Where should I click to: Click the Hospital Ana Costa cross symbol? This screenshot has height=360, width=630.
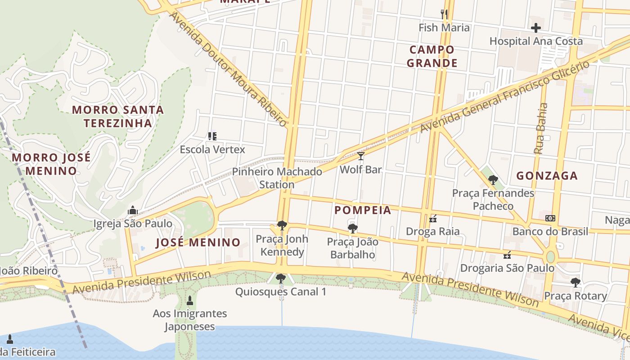(x=535, y=28)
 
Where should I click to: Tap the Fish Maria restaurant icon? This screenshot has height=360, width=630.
(x=444, y=14)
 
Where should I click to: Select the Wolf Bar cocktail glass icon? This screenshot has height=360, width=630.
(x=360, y=156)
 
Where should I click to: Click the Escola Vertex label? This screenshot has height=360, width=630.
(x=212, y=149)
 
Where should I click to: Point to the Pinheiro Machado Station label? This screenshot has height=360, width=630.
(x=277, y=178)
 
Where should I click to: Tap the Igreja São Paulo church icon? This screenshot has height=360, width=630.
(x=132, y=210)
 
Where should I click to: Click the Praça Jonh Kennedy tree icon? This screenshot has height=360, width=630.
(x=282, y=225)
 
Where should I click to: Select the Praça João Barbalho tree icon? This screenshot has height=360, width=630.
(x=353, y=228)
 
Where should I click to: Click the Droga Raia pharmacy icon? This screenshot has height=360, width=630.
(x=433, y=219)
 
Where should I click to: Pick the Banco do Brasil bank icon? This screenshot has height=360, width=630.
(x=550, y=218)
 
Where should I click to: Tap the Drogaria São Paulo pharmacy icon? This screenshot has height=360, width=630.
(x=507, y=255)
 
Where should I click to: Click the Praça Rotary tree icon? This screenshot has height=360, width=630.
(x=575, y=283)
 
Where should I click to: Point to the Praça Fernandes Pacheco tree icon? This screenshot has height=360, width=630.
(x=493, y=180)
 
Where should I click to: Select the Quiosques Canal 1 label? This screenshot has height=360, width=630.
(x=281, y=292)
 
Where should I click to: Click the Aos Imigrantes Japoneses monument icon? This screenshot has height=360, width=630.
(x=189, y=300)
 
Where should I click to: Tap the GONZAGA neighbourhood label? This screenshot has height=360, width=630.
(x=547, y=176)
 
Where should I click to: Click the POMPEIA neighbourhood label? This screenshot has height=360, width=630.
(x=363, y=210)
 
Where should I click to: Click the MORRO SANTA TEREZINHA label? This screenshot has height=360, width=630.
(x=118, y=116)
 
